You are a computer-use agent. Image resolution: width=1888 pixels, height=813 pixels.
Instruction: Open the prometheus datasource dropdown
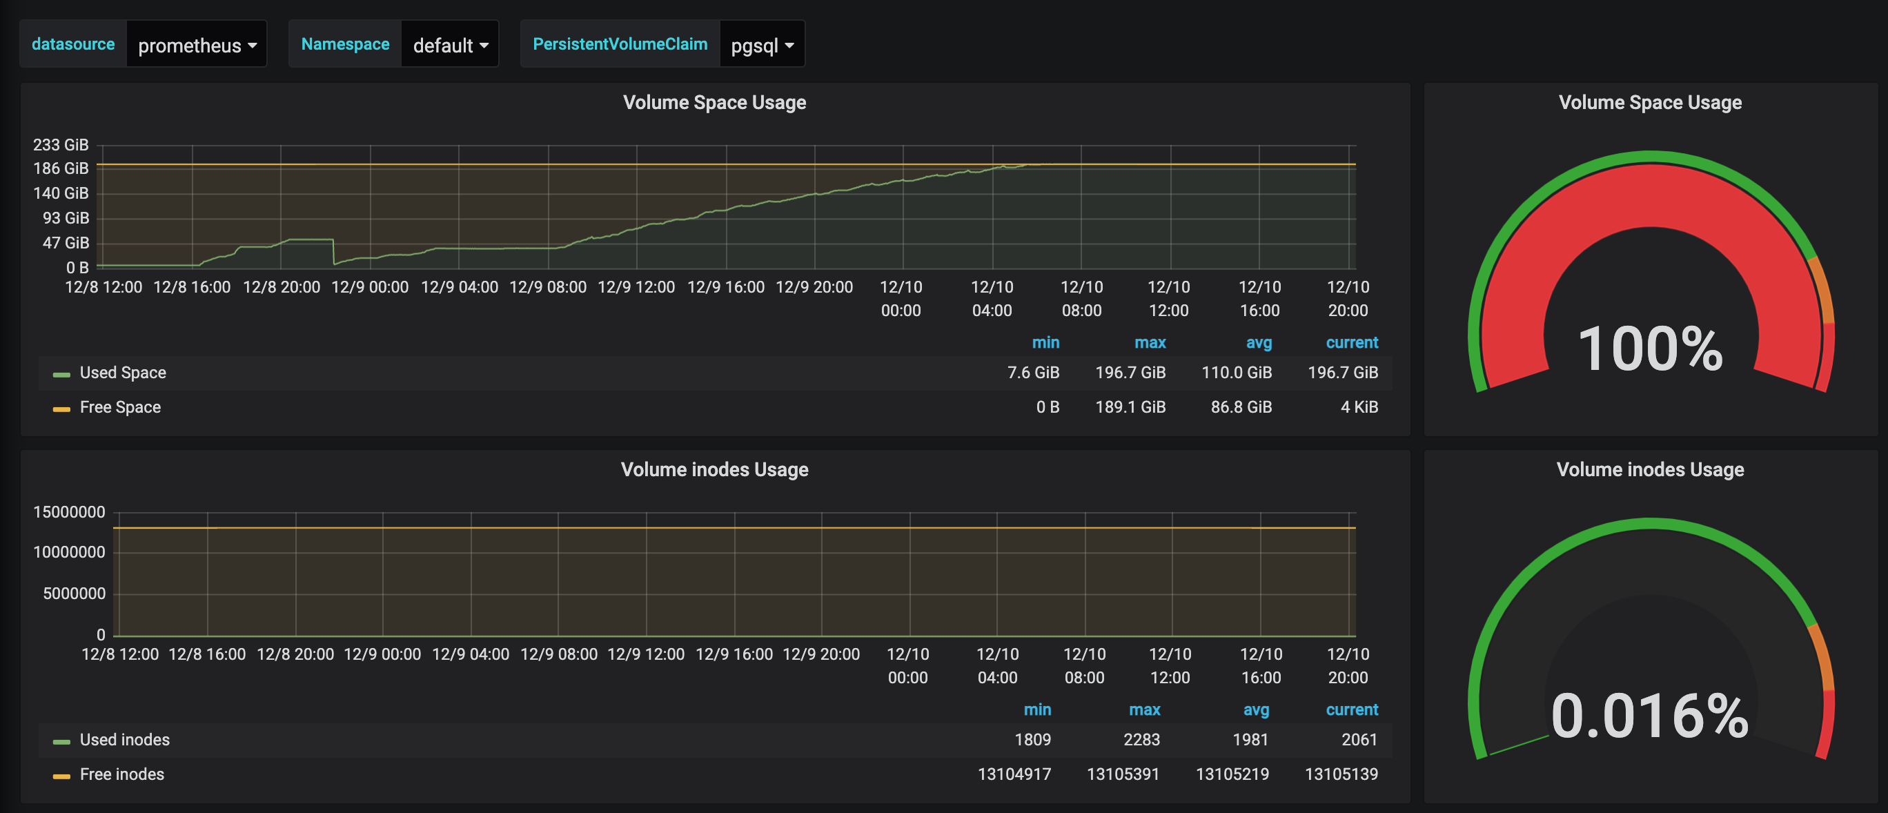click(197, 46)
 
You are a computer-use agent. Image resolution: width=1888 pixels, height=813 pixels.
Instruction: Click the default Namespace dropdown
click(450, 46)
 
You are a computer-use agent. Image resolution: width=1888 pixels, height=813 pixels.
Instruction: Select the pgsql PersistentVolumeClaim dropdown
click(762, 46)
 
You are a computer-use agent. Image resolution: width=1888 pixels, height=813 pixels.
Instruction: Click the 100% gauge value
click(1650, 349)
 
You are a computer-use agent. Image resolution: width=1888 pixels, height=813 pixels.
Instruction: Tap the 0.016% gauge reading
click(1650, 716)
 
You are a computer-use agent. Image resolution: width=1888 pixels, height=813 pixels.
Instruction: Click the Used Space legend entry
click(122, 373)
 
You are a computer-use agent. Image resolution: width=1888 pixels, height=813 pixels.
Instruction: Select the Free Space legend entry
click(119, 408)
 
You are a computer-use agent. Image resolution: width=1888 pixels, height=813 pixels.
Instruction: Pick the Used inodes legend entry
click(125, 741)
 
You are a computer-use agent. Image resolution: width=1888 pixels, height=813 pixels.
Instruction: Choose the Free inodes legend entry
click(121, 775)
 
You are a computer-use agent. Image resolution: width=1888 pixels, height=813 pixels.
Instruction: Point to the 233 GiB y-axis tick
click(61, 145)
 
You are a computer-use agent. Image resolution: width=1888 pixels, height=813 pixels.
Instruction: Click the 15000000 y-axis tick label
click(69, 512)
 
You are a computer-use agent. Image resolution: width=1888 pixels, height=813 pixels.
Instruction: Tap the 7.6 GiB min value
click(1033, 373)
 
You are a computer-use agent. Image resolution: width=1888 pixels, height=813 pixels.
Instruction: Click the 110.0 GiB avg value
click(1236, 373)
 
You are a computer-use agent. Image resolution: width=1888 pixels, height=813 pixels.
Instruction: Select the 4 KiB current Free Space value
click(1359, 408)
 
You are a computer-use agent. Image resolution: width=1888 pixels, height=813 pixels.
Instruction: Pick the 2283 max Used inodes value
click(1141, 741)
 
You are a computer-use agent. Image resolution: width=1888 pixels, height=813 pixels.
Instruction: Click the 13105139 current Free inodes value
click(1341, 775)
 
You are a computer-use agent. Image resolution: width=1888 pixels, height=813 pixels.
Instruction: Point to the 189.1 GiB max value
click(1130, 408)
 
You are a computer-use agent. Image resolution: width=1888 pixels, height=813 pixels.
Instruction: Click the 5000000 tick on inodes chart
click(74, 594)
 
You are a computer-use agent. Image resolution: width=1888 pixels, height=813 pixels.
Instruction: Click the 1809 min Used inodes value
click(1032, 741)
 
